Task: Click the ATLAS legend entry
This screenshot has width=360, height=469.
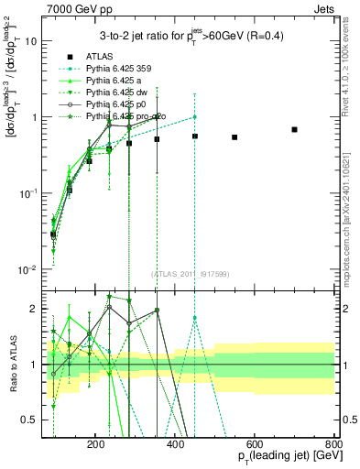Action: (x=100, y=58)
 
